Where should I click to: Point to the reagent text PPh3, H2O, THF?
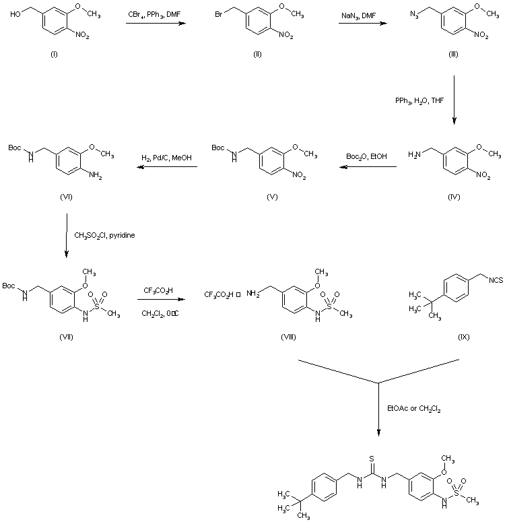coord(419,100)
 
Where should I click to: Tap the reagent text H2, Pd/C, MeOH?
coord(166,156)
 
